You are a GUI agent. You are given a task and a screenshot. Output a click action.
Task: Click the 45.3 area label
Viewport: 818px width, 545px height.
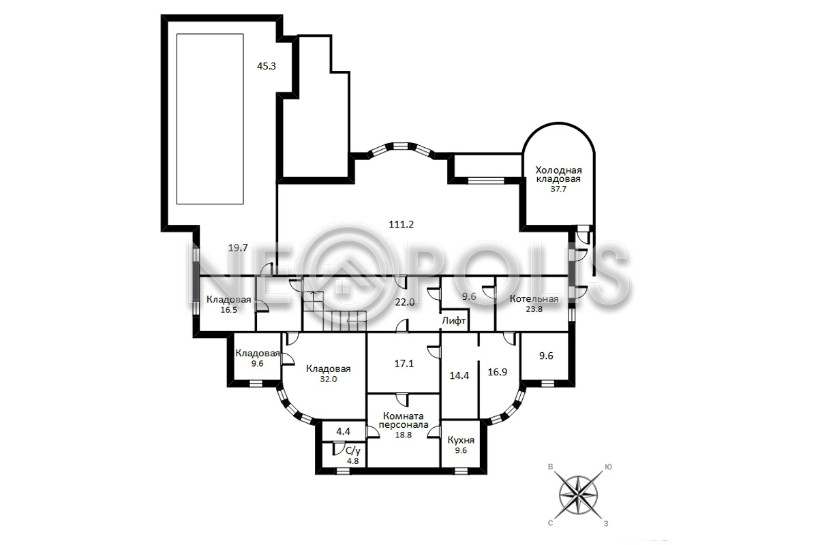(267, 67)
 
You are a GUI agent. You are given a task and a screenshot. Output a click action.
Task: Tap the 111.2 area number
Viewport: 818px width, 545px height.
(401, 225)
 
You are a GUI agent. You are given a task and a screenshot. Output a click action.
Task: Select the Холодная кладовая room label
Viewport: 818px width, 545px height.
(558, 175)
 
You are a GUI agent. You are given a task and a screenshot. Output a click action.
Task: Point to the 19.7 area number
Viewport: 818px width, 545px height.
(238, 248)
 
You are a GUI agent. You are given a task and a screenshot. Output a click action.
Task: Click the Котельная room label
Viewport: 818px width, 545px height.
(534, 299)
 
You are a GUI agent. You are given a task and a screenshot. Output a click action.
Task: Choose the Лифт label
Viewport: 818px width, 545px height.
(454, 321)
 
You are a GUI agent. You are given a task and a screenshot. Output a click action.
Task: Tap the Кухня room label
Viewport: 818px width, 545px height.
(461, 440)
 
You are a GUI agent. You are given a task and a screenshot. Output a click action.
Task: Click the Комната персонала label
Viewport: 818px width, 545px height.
(404, 420)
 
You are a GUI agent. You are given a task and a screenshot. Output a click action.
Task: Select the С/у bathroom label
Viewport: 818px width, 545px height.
(353, 451)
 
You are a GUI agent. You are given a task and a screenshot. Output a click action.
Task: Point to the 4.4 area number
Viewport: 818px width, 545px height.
(344, 431)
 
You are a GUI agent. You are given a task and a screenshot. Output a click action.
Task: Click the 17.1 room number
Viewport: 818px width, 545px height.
(404, 364)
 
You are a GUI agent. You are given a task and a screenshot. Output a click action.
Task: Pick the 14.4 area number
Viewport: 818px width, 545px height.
(459, 375)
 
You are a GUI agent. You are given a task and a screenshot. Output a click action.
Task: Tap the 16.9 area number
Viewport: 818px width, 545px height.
(498, 372)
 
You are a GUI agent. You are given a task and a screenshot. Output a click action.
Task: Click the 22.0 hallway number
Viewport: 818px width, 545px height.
(405, 302)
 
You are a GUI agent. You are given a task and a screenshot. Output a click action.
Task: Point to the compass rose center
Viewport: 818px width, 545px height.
(579, 495)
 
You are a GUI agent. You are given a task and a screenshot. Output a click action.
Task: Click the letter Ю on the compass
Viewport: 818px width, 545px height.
(608, 467)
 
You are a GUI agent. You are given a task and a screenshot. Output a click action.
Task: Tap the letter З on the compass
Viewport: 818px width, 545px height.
(606, 524)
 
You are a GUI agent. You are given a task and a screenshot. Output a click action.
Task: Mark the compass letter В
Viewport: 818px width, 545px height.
(550, 467)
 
